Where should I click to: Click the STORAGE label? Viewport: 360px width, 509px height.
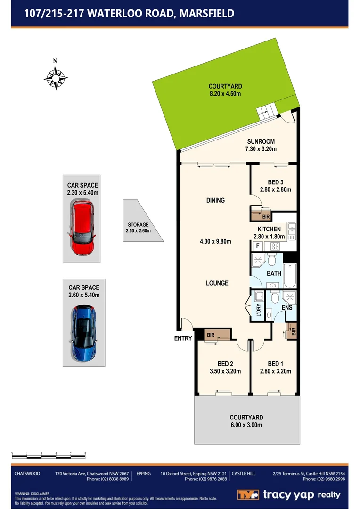[138, 225]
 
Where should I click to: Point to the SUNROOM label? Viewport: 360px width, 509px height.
[261, 141]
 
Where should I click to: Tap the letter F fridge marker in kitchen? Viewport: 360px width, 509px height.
[257, 246]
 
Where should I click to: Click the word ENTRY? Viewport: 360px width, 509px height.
[183, 338]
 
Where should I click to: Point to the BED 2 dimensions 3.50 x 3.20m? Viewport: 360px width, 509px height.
[225, 371]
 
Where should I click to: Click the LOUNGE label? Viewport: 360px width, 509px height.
[217, 283]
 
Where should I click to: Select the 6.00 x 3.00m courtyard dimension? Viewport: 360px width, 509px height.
[246, 425]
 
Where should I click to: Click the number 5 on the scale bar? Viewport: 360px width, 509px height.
[85, 453]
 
